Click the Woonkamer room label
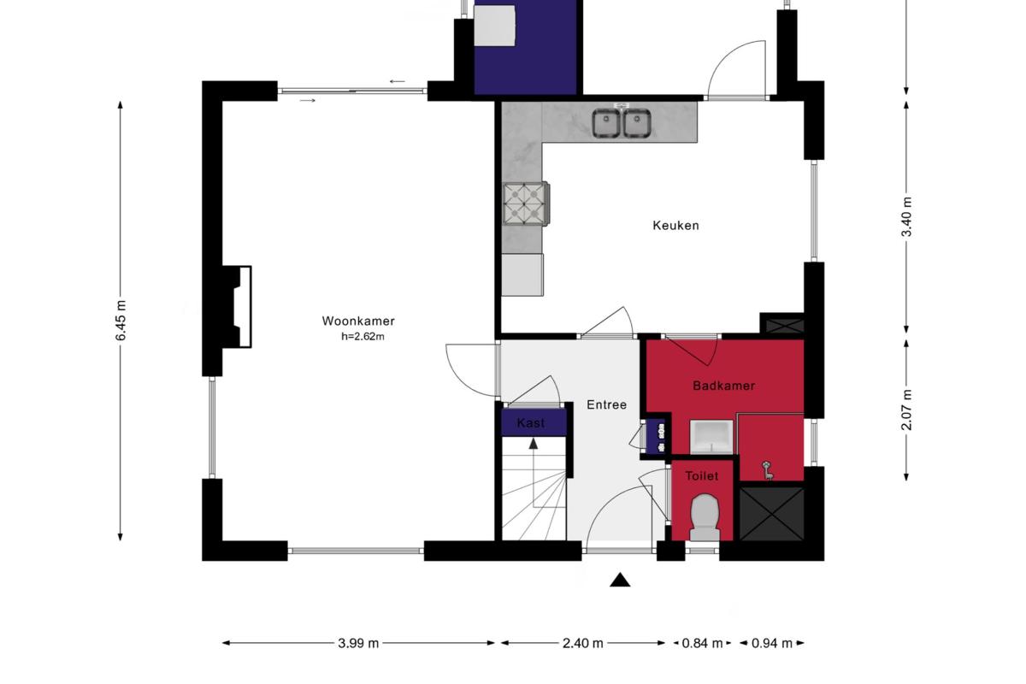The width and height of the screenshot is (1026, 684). click(x=358, y=321)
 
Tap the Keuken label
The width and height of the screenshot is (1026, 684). click(x=675, y=226)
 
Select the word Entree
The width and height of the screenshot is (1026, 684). click(x=606, y=405)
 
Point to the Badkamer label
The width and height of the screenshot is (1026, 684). click(x=723, y=386)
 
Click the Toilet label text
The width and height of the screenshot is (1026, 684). click(x=702, y=476)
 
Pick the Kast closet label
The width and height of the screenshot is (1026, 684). click(x=531, y=423)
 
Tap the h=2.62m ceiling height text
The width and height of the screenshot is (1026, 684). click(x=363, y=337)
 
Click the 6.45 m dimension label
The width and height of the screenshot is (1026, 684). click(x=121, y=321)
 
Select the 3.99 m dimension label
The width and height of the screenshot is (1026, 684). click(x=358, y=643)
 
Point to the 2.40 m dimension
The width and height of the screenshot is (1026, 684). click(x=582, y=643)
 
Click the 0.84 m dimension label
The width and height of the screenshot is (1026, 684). click(x=702, y=643)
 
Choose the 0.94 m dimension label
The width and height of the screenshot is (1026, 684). click(x=772, y=643)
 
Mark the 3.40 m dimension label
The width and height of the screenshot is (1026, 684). click(x=906, y=216)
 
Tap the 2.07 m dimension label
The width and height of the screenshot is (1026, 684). click(x=906, y=410)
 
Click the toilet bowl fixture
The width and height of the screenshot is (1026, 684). click(x=705, y=517)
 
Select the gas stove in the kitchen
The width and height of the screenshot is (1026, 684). click(x=526, y=203)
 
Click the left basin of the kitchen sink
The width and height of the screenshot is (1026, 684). click(x=606, y=123)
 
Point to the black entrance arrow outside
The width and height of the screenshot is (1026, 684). click(x=620, y=580)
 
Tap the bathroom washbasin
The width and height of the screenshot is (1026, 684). click(x=711, y=438)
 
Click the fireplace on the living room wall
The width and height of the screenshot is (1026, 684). click(x=237, y=307)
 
